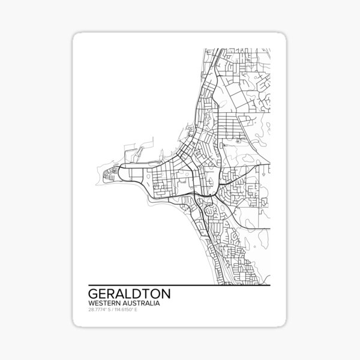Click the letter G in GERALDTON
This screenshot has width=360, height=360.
pyautogui.click(x=93, y=295)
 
